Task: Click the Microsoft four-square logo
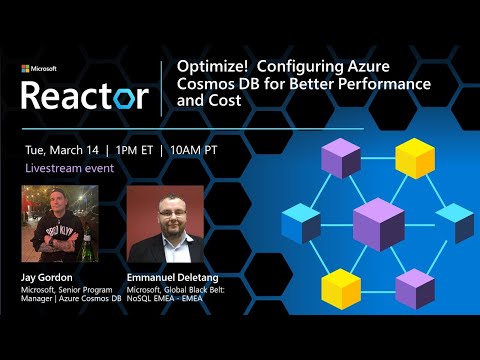coord(26,69)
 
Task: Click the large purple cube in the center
coord(378,222)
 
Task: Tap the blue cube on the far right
coord(454,222)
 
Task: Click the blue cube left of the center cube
coord(301,222)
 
